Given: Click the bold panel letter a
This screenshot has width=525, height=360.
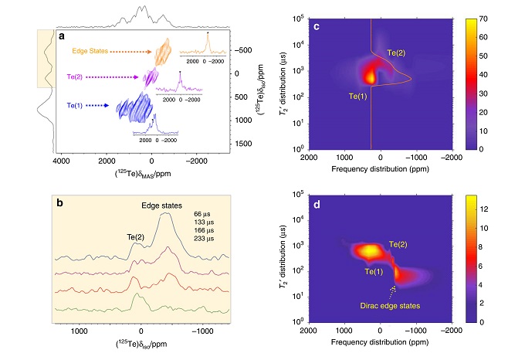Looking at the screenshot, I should click(62, 35).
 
